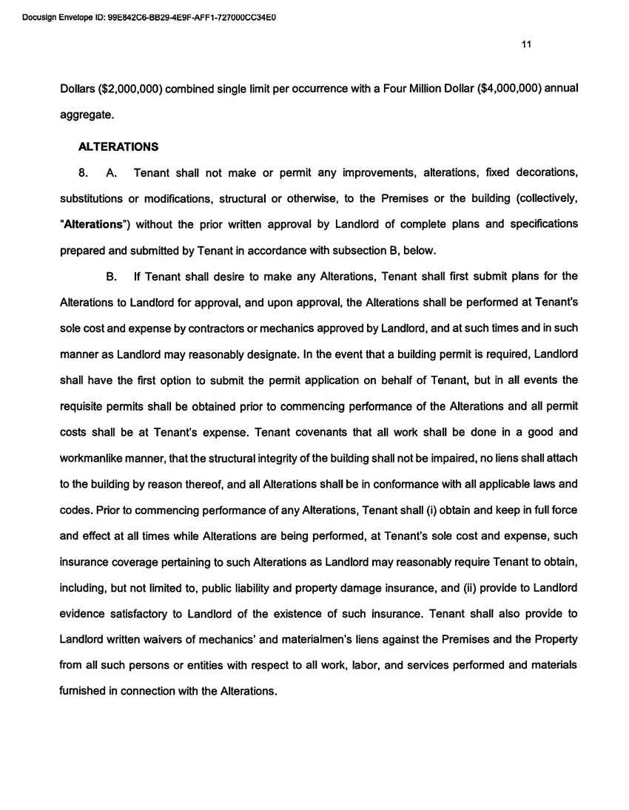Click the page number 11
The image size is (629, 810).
click(x=526, y=44)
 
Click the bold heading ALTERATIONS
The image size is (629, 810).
click(x=118, y=147)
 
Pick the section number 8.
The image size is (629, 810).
click(x=83, y=173)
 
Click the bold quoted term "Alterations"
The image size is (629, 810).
click(x=91, y=223)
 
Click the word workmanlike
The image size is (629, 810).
click(x=94, y=459)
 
